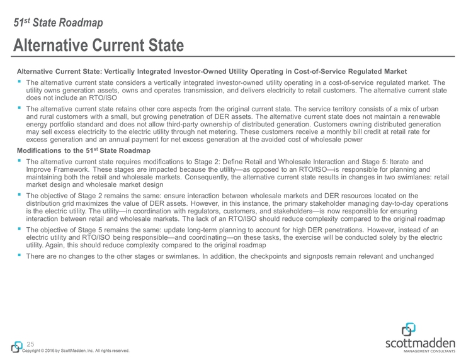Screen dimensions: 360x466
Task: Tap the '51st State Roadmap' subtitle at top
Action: [59, 23]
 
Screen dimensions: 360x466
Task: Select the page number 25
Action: [30, 344]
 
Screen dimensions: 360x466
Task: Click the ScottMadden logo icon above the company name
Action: [409, 330]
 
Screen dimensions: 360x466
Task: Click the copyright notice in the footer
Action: [76, 351]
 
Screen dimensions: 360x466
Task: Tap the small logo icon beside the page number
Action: [16, 346]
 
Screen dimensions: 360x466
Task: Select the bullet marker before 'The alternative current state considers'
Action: [20, 82]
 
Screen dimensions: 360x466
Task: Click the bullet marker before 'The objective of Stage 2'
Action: [20, 196]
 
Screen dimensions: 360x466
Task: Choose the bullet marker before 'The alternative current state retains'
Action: [20, 108]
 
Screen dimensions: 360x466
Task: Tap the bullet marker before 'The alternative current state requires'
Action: [20, 162]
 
